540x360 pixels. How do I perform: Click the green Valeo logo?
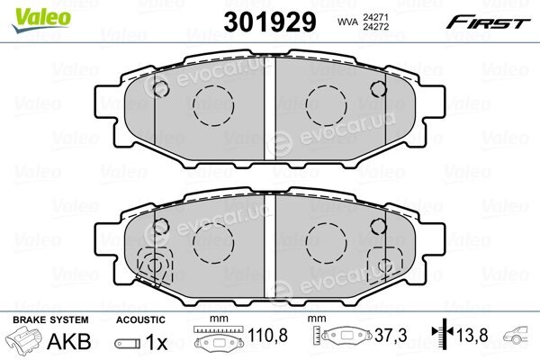point(41,20)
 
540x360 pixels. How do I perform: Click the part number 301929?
point(270,22)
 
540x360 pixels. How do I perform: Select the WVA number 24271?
point(374,17)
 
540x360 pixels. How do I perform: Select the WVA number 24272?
point(374,26)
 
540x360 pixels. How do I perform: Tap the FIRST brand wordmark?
point(488,22)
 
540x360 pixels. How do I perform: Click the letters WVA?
point(346,22)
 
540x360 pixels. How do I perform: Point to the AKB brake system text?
point(69,341)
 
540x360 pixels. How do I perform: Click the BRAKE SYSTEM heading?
point(50,319)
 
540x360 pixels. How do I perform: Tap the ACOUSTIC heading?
point(140,319)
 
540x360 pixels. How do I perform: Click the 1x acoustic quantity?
point(156,342)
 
